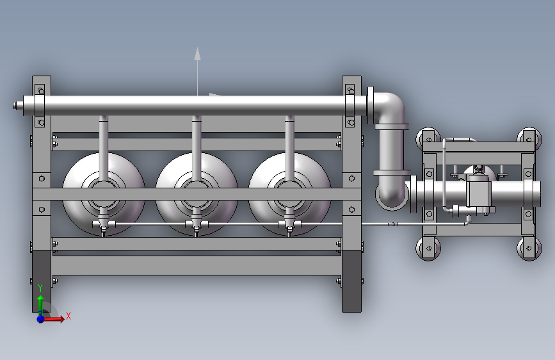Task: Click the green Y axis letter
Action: coord(40,288)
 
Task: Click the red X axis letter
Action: coord(68,316)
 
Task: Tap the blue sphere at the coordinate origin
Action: coord(41,319)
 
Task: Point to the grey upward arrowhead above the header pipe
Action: coord(198,54)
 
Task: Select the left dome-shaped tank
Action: coord(104,194)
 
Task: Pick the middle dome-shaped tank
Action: coord(197,194)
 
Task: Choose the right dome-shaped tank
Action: coord(290,194)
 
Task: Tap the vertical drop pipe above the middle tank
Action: coord(197,149)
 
